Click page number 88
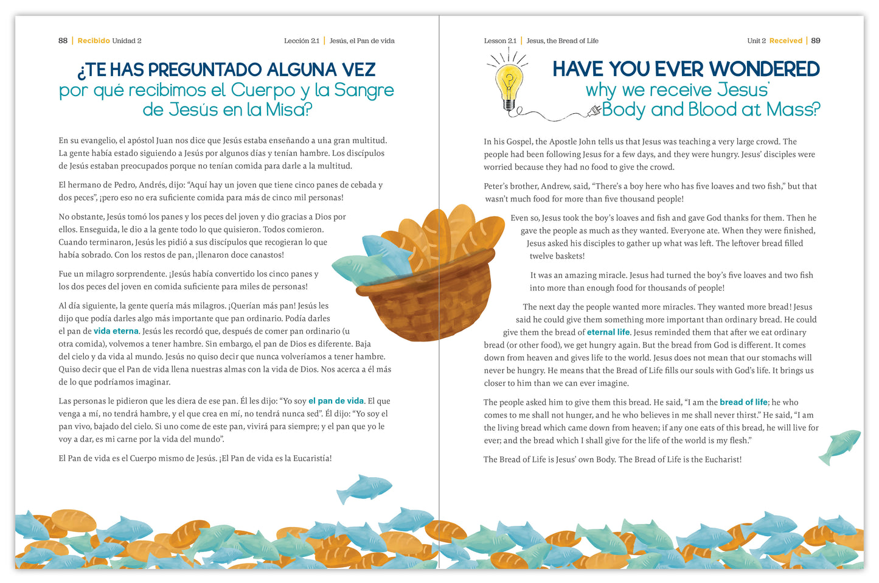point(63,41)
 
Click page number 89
point(816,41)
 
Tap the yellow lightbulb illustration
point(509,83)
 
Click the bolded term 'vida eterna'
point(116,331)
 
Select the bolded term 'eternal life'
point(608,332)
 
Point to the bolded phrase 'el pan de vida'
point(336,401)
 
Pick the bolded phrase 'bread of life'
point(743,402)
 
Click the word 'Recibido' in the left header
point(94,41)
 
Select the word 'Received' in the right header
point(786,41)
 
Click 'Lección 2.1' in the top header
point(301,41)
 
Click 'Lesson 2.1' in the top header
point(500,41)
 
